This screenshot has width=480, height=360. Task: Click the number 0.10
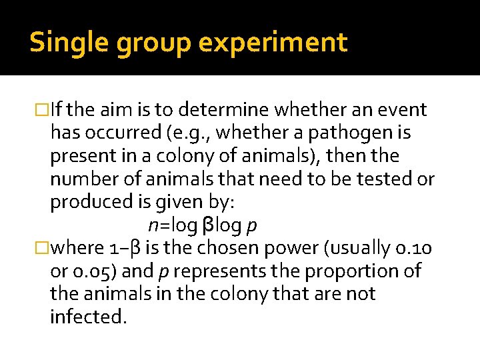[x=415, y=248]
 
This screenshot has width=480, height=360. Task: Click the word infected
[x=88, y=317]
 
